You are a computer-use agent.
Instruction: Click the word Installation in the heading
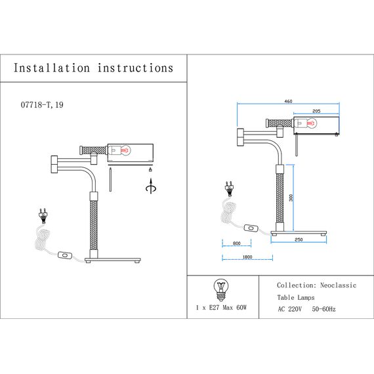pos(52,68)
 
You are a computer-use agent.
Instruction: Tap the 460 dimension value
pos(288,102)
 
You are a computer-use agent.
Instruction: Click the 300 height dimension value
pos(290,197)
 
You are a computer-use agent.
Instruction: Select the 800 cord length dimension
pos(236,244)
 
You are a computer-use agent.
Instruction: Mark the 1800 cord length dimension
pos(247,257)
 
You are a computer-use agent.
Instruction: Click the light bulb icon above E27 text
pos(221,288)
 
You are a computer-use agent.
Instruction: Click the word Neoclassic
pos(338,286)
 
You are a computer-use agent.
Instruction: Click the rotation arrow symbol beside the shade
pos(152,188)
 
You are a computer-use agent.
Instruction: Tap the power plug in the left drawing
pos(43,214)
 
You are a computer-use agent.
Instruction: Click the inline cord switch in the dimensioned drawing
pos(251,229)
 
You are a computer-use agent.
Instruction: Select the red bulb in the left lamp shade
pos(123,150)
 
